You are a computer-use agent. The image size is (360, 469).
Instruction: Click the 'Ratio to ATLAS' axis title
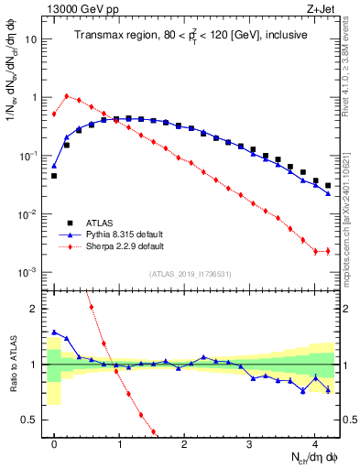click(x=12, y=365)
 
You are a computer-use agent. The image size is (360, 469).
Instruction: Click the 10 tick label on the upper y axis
click(x=30, y=38)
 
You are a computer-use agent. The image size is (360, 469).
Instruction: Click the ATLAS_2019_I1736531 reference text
click(x=191, y=273)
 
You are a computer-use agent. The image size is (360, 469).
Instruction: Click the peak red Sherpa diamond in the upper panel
click(x=67, y=95)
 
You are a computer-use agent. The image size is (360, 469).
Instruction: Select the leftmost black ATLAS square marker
click(x=54, y=175)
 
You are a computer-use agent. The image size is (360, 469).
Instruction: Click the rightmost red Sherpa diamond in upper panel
click(x=328, y=251)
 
